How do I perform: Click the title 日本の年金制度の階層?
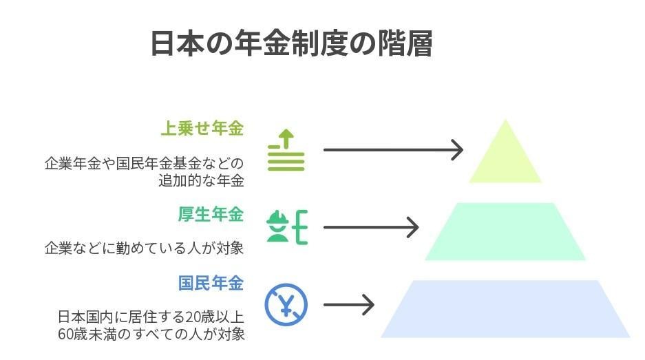click(291, 43)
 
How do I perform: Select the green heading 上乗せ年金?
click(202, 128)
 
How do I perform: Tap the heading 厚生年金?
click(211, 214)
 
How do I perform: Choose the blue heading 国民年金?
click(211, 283)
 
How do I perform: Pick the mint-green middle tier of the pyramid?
click(505, 232)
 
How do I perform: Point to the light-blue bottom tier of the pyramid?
click(505, 309)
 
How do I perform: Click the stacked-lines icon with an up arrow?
click(286, 149)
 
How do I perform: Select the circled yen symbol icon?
click(286, 304)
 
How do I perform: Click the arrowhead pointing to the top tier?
click(457, 149)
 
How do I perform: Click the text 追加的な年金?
click(201, 181)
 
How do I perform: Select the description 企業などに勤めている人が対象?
click(145, 248)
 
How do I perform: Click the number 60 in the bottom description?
click(67, 335)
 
